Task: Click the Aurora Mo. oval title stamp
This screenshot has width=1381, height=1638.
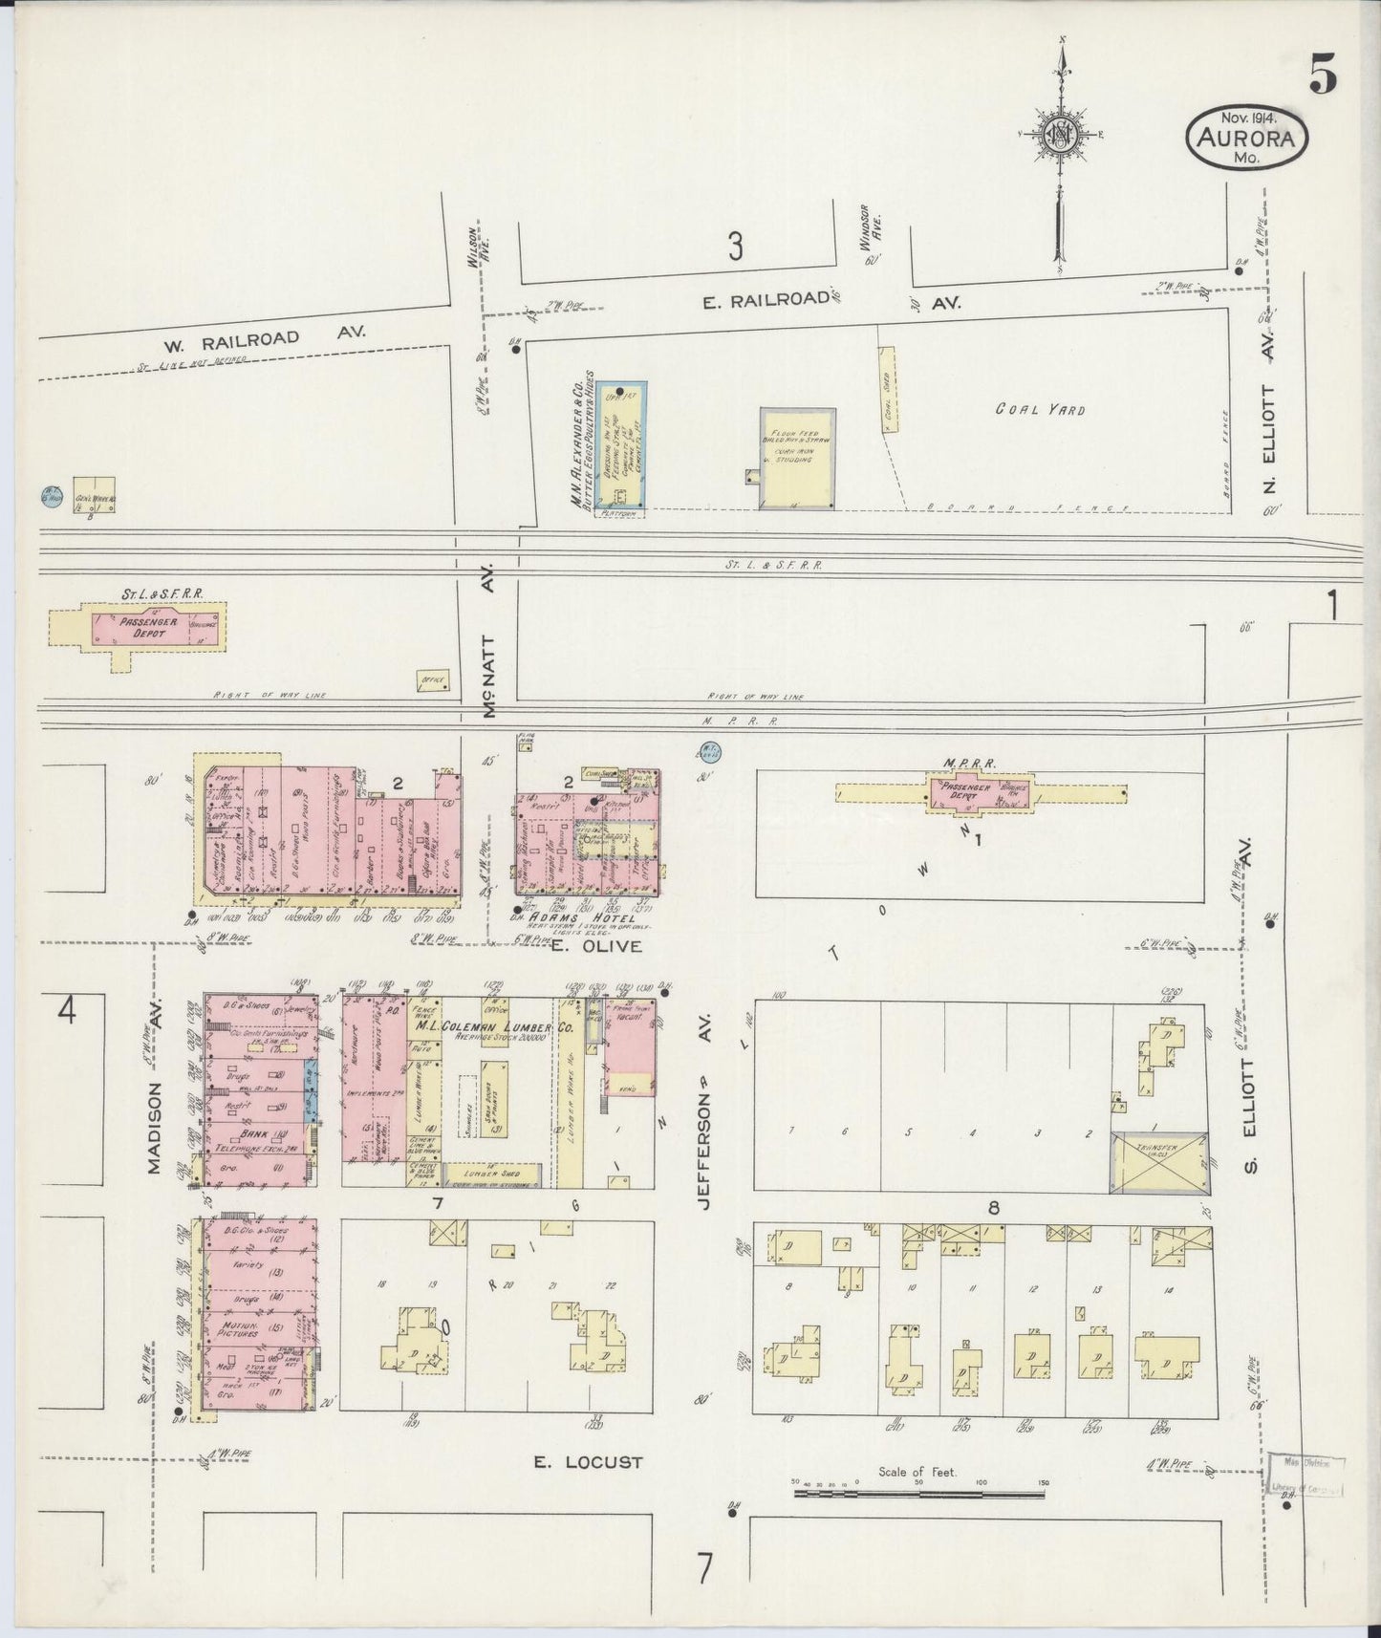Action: pos(1247,139)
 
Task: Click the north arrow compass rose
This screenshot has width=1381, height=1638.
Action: pos(1060,135)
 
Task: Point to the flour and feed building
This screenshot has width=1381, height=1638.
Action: pos(798,458)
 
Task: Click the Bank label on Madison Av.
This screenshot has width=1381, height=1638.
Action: pos(254,1133)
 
